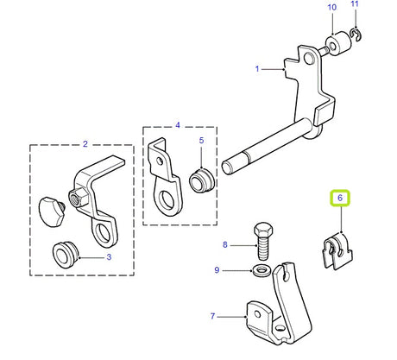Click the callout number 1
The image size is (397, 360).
(257, 67)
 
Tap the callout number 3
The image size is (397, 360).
(109, 257)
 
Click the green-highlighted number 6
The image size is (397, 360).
(340, 199)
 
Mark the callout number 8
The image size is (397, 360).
(226, 245)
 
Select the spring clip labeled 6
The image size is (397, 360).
(337, 249)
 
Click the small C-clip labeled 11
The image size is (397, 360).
(354, 35)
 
